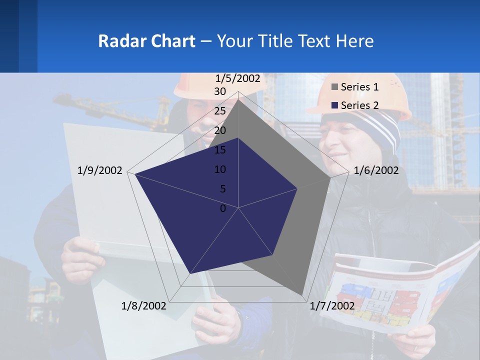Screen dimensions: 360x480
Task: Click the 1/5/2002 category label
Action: tap(238, 78)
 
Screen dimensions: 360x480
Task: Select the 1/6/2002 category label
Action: tap(376, 170)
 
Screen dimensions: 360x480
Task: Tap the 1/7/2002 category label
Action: tap(332, 305)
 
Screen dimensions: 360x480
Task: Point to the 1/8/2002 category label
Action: tap(143, 305)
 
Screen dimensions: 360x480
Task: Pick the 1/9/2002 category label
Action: tap(100, 170)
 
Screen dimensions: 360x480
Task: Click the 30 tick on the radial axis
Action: tap(220, 91)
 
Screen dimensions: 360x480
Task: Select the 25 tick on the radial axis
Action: tap(220, 111)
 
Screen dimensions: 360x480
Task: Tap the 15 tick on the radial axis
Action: tap(220, 150)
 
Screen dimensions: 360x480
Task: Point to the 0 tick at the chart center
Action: tap(223, 208)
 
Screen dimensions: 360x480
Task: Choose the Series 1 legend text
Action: tap(359, 87)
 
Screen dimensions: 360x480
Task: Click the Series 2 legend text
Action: tap(359, 105)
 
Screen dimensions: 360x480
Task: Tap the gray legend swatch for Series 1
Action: tap(335, 87)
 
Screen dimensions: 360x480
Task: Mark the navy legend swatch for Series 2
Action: tap(335, 105)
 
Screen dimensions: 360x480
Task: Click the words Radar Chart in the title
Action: tap(146, 41)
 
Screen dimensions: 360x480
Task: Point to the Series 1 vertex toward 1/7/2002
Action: tap(302, 295)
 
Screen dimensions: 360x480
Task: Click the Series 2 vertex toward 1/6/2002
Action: tap(298, 188)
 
